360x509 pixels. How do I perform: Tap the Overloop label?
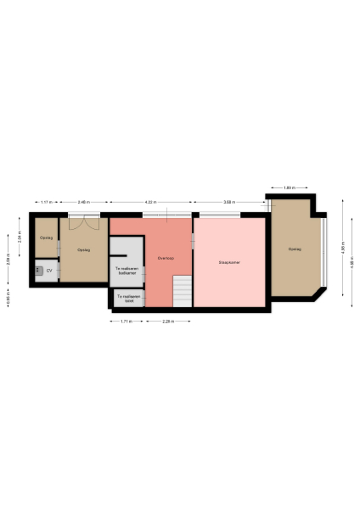tap(166, 257)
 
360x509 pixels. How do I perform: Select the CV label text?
tap(48, 271)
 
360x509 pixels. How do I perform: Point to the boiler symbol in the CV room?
tap(39, 270)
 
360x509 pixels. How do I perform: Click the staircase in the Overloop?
tap(182, 291)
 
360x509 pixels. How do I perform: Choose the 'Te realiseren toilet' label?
tap(129, 299)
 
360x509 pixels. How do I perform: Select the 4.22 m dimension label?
tap(149, 202)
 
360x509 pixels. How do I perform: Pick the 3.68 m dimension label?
tap(229, 202)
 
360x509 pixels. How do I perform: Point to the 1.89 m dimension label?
tap(289, 187)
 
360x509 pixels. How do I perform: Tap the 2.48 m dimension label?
tap(83, 202)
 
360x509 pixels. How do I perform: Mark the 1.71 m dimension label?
tap(124, 321)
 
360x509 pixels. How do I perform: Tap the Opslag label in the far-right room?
tap(294, 249)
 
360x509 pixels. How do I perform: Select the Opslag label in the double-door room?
tap(83, 250)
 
